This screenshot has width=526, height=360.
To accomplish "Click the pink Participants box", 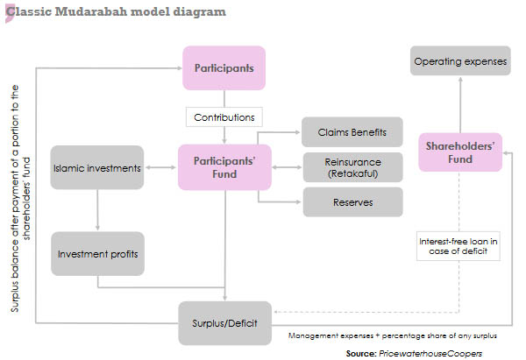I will coord(224,67).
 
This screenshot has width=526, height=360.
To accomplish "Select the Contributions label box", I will coord(224,116).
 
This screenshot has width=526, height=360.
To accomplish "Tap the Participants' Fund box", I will coord(224,167).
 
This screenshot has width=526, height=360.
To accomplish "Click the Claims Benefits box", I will coord(352,134).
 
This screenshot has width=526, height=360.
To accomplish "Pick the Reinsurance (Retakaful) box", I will coord(352,166).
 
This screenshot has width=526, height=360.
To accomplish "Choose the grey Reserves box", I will coord(352,202).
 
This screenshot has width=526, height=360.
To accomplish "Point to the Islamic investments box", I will coord(96,167).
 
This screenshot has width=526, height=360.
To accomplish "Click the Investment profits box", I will coord(96,254).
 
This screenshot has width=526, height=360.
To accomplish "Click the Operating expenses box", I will coord(461,62).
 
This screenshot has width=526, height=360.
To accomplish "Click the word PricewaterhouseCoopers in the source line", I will coord(430,352).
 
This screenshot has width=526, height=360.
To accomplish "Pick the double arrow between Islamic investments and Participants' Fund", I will coord(161,167).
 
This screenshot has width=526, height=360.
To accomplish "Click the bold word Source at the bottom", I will coord(359,352).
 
